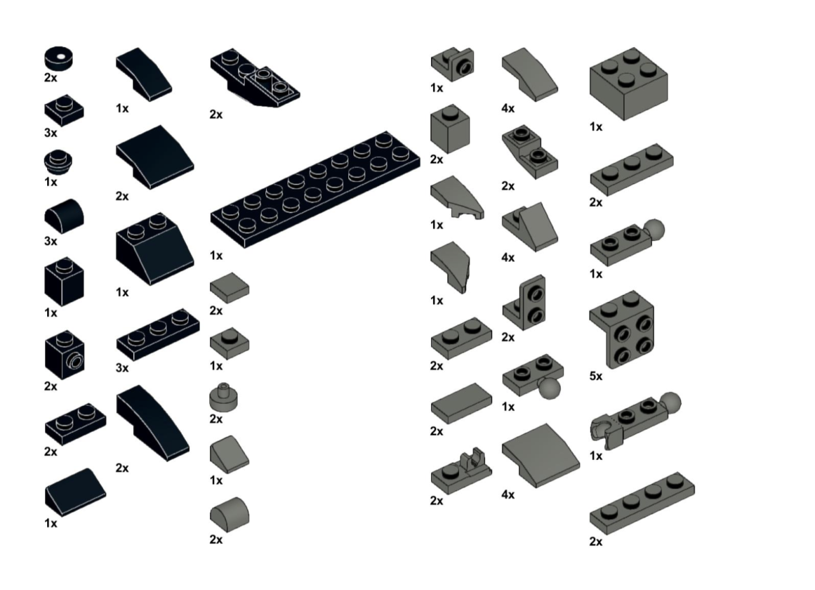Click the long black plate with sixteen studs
point(315,189)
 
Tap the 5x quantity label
point(595,376)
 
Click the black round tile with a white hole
point(59,58)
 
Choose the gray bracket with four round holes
point(622,329)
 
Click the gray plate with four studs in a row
point(642,504)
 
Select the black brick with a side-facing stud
point(64,355)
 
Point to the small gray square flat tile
point(230,288)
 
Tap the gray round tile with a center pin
point(223,398)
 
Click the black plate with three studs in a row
point(158,335)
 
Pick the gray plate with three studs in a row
point(631,169)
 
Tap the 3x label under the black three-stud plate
point(122,368)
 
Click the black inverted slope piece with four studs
point(255,78)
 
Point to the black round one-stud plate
point(58,162)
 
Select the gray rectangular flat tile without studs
point(462,403)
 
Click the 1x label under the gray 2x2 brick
point(595,127)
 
